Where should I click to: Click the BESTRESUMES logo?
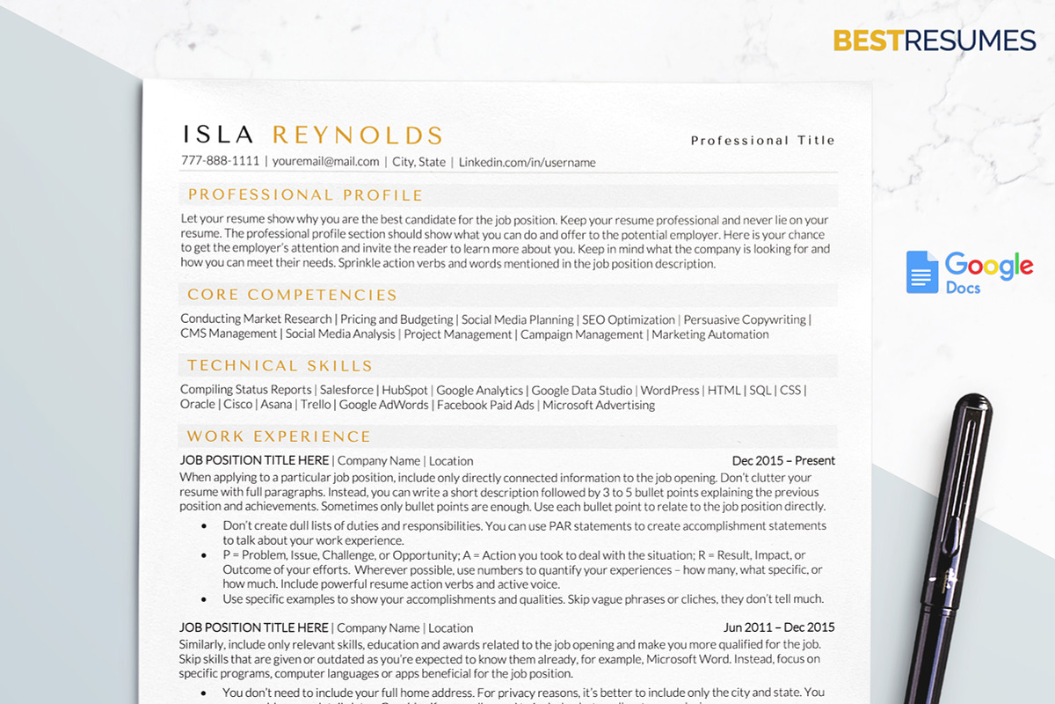pos(935,40)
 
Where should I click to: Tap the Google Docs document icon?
pos(922,272)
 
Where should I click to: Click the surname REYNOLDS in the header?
pos(358,135)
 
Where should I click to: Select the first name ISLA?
pos(218,135)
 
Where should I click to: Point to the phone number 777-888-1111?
pos(220,161)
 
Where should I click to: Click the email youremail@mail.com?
pos(325,162)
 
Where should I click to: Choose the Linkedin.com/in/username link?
pos(527,162)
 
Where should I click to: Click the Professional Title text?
pos(762,140)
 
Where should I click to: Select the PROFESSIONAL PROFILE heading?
pos(305,195)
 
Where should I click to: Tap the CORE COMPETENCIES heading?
pos(292,295)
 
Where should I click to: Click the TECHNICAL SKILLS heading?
pos(280,365)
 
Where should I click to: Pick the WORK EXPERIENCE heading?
pos(279,436)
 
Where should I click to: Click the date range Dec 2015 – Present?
pos(783,460)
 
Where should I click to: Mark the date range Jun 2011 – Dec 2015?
pos(779,627)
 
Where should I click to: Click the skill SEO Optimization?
pos(629,319)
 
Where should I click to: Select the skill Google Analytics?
pos(479,390)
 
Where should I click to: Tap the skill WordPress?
pos(670,390)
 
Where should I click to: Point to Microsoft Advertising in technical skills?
pos(599,405)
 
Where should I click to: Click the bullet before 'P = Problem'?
pos(204,556)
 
